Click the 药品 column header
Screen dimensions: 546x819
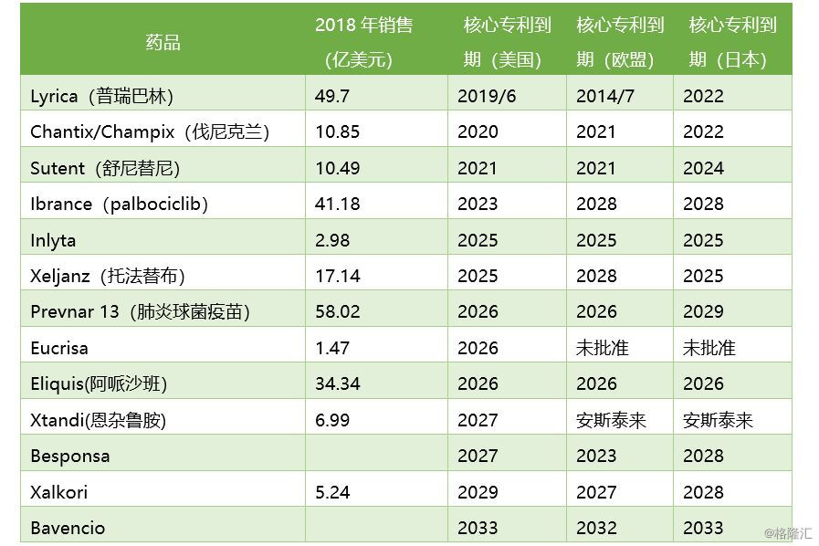163,42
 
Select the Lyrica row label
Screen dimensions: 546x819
101,96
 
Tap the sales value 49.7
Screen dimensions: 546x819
332,96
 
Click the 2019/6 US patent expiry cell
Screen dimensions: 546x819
487,96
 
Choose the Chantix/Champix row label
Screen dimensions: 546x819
150,131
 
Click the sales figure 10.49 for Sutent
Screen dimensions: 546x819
337,168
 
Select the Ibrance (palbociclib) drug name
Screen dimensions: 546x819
120,204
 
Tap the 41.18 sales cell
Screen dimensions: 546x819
337,204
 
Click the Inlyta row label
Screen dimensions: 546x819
53,240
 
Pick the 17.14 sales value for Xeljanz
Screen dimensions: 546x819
337,276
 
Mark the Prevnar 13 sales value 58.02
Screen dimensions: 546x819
337,311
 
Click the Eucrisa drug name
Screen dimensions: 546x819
59,348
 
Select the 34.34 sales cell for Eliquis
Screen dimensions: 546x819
337,383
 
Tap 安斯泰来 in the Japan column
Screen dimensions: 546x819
718,420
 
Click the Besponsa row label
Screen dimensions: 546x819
69,456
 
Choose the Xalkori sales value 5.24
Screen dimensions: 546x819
332,492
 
